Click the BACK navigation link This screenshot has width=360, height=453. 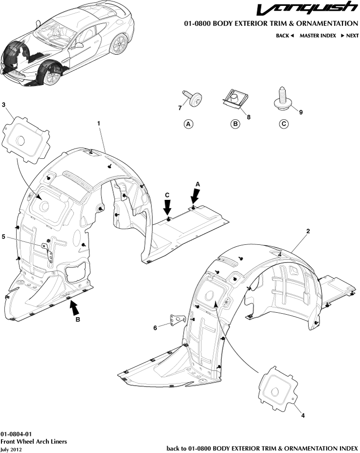[285, 36]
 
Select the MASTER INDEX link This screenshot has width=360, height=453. [318, 36]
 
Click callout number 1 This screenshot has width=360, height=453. [99, 124]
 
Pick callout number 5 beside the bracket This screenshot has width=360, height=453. [4, 237]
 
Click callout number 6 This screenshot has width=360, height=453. [155, 328]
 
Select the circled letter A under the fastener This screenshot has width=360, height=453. [188, 124]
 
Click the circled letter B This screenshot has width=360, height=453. [235, 124]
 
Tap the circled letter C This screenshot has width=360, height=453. [283, 124]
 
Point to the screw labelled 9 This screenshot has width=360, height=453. [282, 98]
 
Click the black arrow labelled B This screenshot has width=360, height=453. [74, 307]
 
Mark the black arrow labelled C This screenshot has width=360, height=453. [168, 208]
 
